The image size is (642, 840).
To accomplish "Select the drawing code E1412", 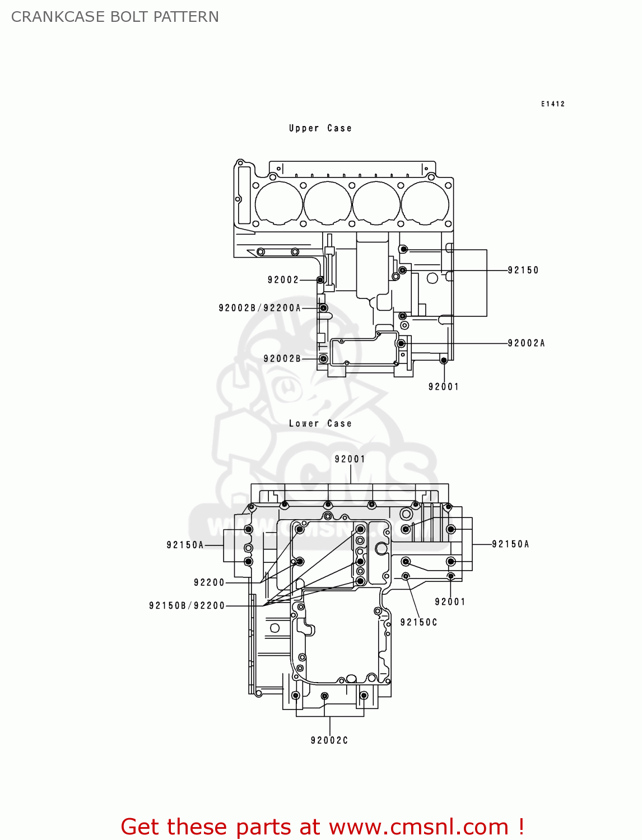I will pos(552,104).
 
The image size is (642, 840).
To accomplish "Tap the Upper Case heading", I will pos(320,128).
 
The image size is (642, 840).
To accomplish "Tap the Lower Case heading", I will pos(320,424).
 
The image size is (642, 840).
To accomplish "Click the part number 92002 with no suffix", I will pos(283,280).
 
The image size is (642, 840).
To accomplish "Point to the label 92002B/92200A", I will pos(259,308).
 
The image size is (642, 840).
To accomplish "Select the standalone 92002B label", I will pos(282,358).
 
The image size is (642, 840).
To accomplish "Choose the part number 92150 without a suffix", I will pos(523,270).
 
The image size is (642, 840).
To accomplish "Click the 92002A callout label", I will pos(525,343).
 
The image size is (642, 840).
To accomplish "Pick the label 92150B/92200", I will pos(187,605).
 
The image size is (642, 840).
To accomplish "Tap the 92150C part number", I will pos(418,622).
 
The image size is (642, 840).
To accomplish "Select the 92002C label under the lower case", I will pos(329,740).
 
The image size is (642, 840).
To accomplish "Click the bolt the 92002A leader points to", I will pos(401,343).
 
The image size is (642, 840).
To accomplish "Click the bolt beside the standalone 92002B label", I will pos(323,358).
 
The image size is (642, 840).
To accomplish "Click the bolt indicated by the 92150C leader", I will pos(407,576).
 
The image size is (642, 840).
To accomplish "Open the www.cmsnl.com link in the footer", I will pos(418,827).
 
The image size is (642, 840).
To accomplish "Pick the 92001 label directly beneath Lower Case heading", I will pos(350,459).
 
